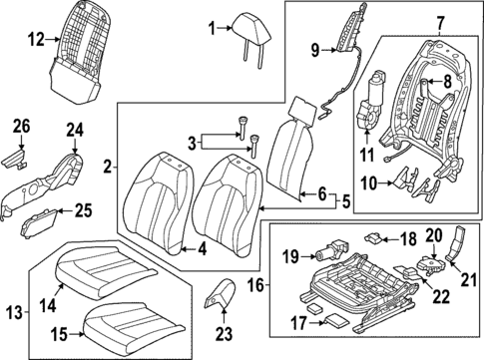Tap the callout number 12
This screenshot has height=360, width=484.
point(36,40)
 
